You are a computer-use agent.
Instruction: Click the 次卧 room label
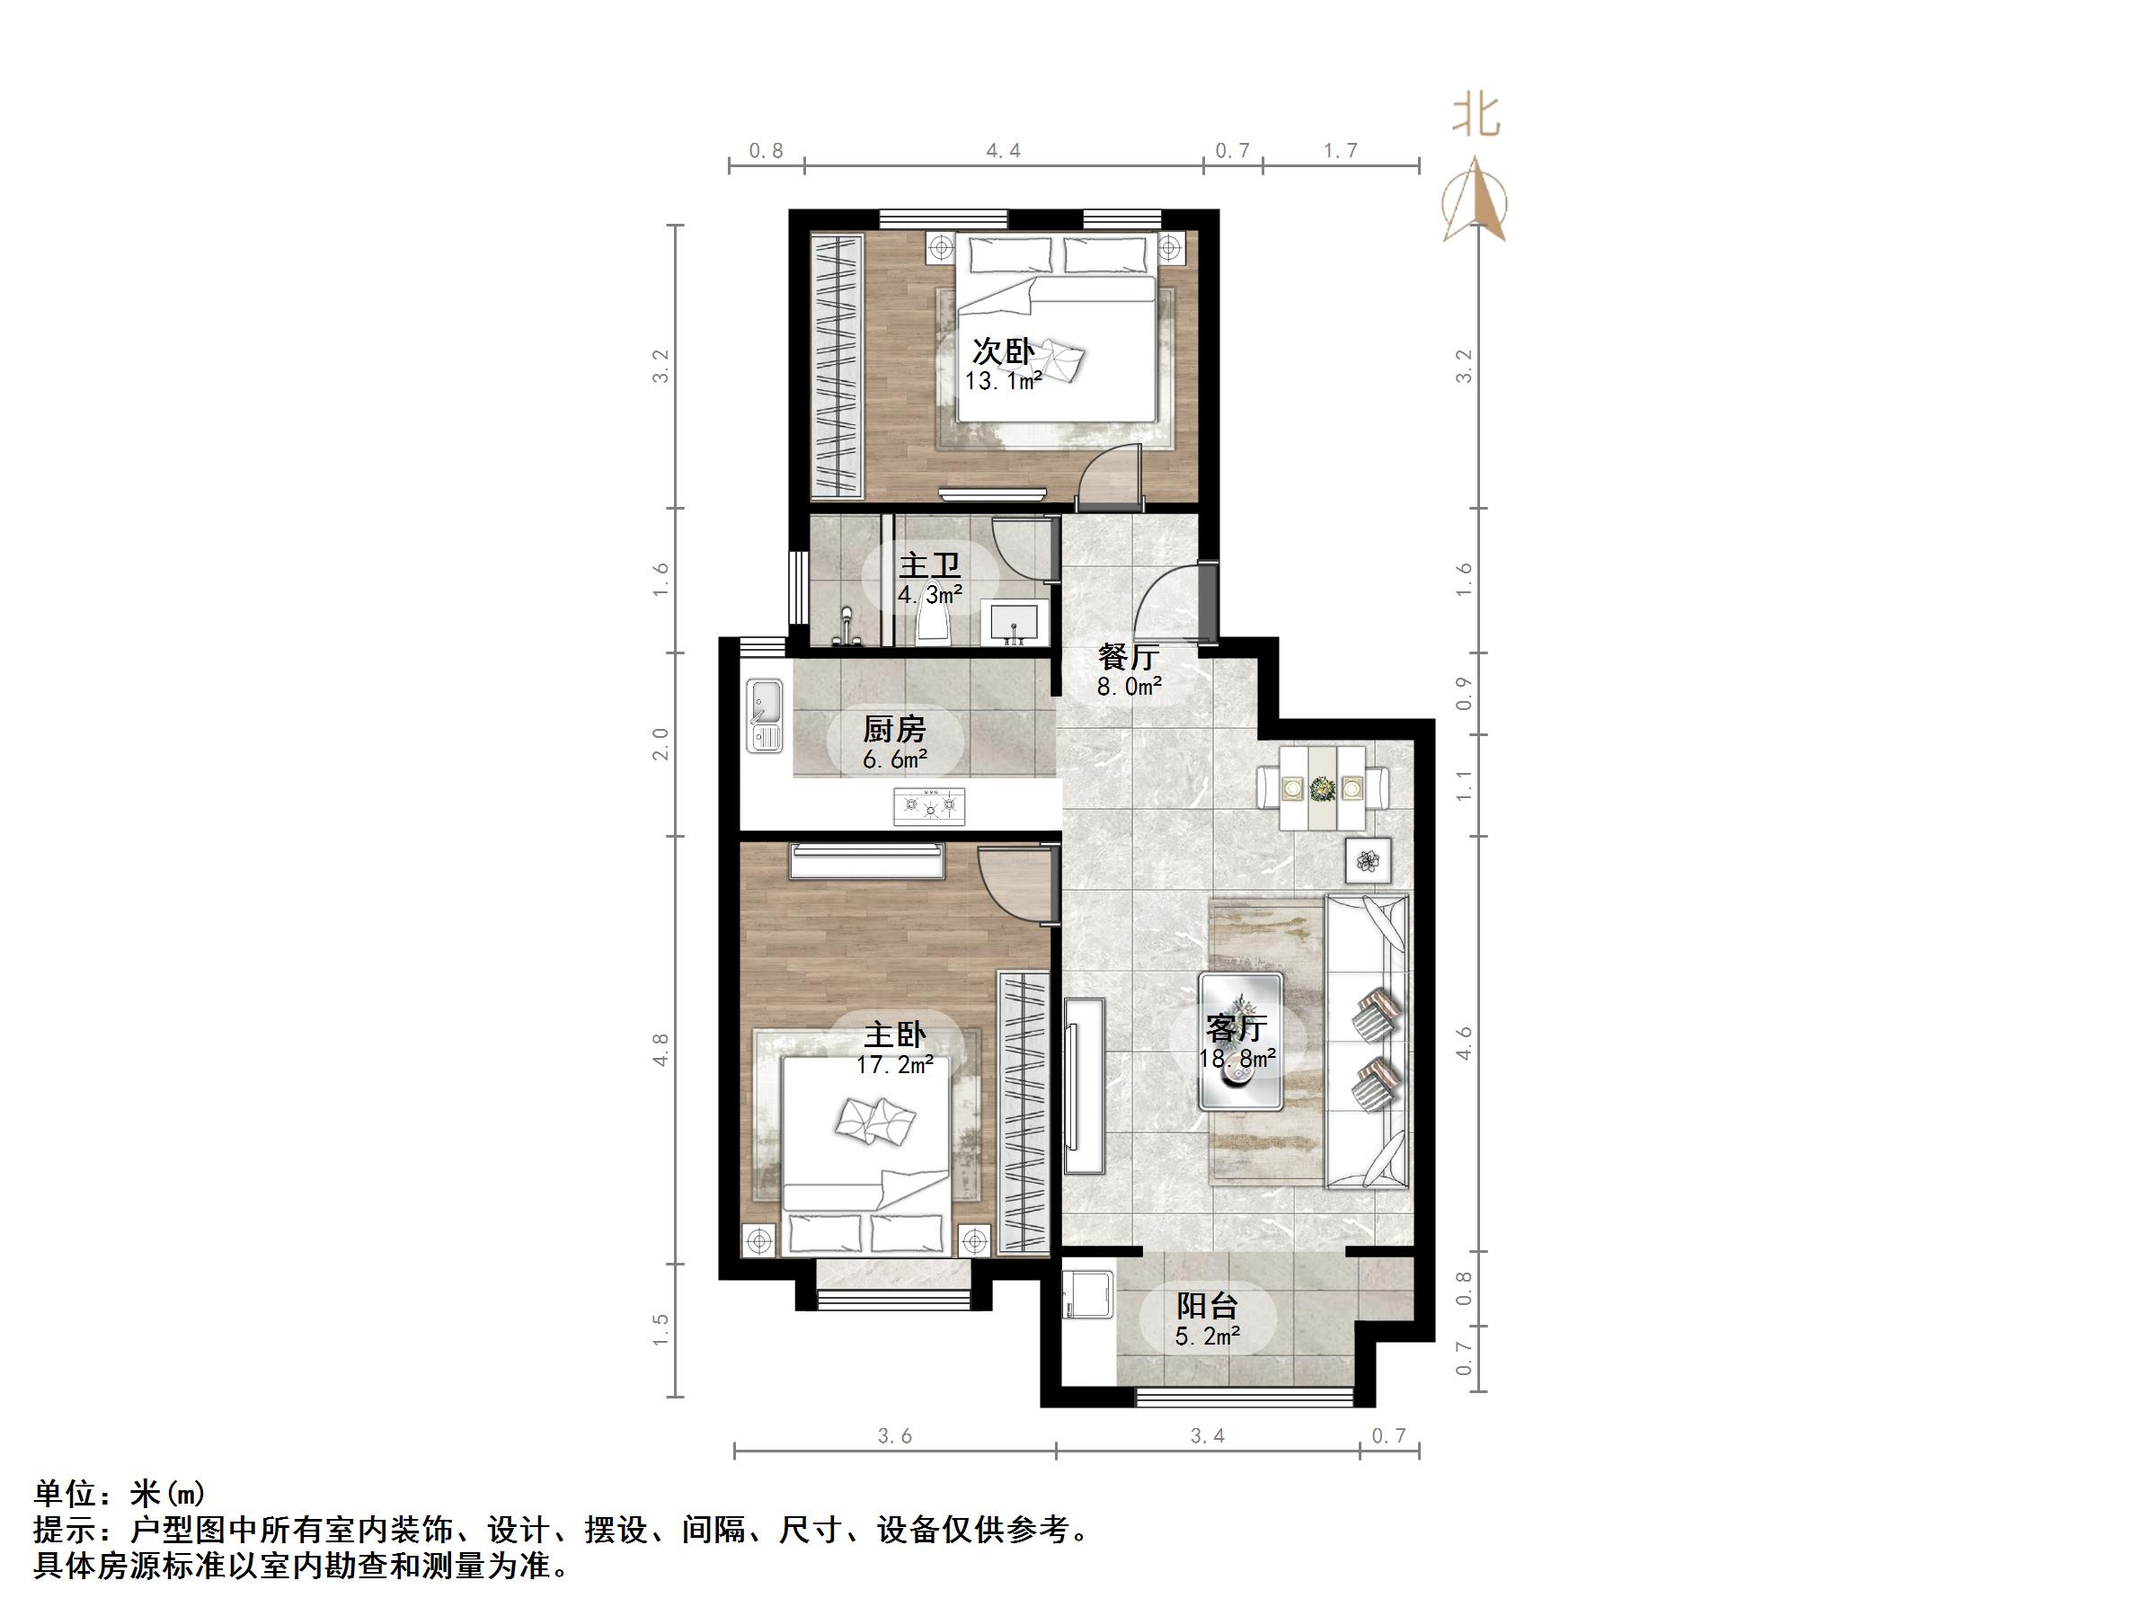[x=1002, y=350]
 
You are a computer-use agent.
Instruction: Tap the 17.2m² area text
[x=894, y=1066]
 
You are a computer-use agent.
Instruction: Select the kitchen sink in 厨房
[x=765, y=716]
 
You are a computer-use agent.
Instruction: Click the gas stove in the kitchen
[x=929, y=806]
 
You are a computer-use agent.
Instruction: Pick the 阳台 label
[x=1207, y=1305]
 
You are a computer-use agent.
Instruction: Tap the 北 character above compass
[x=1476, y=116]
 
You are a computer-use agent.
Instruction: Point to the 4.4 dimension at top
[x=1003, y=151]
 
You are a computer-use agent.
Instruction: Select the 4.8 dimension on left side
[x=661, y=1050]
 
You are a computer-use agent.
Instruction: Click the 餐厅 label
[x=1128, y=655]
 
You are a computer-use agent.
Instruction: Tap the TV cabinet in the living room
[x=1084, y=1086]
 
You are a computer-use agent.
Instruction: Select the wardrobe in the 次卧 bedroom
[x=838, y=363]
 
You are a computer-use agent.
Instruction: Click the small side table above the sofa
[x=1369, y=860]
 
